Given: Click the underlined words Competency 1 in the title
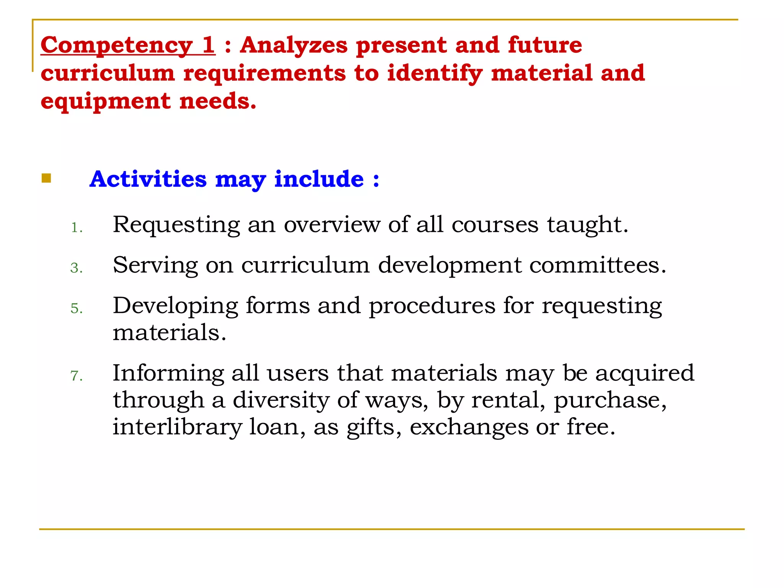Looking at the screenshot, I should (127, 46).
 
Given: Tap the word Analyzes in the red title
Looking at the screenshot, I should (294, 46).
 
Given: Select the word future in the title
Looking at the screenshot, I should (545, 45).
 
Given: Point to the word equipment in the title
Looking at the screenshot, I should (105, 102).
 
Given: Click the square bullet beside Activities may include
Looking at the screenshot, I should (46, 178).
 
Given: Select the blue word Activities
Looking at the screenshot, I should (148, 179).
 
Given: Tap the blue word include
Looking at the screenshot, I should (319, 179).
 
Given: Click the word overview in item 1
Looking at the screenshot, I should (332, 225).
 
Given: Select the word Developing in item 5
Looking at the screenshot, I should (175, 306).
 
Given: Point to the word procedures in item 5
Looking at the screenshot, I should (432, 306).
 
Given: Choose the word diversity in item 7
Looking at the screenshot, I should (281, 400).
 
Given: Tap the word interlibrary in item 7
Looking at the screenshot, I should (177, 427).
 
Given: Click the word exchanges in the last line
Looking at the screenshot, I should (469, 428).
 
